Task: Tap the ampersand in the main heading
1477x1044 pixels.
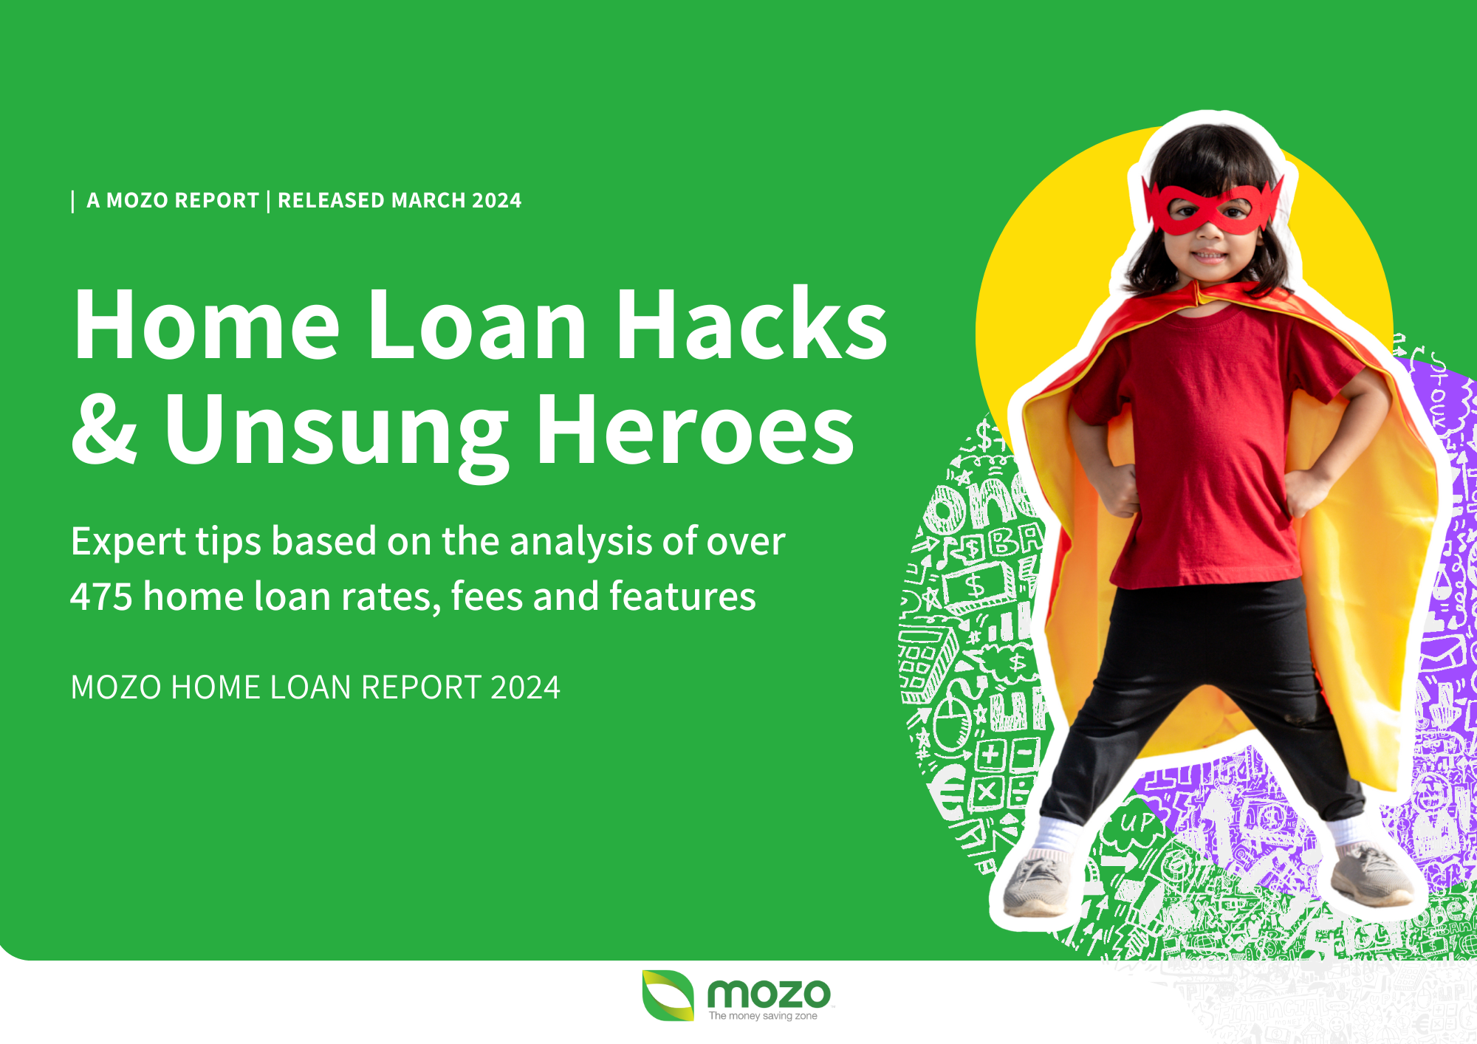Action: click(x=104, y=430)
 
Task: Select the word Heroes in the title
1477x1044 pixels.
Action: click(x=696, y=430)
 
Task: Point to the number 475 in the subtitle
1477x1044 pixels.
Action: click(x=101, y=597)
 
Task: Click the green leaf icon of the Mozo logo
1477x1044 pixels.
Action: click(x=668, y=995)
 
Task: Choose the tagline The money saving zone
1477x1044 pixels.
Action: click(x=763, y=1016)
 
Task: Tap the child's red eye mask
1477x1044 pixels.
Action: click(x=1211, y=206)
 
